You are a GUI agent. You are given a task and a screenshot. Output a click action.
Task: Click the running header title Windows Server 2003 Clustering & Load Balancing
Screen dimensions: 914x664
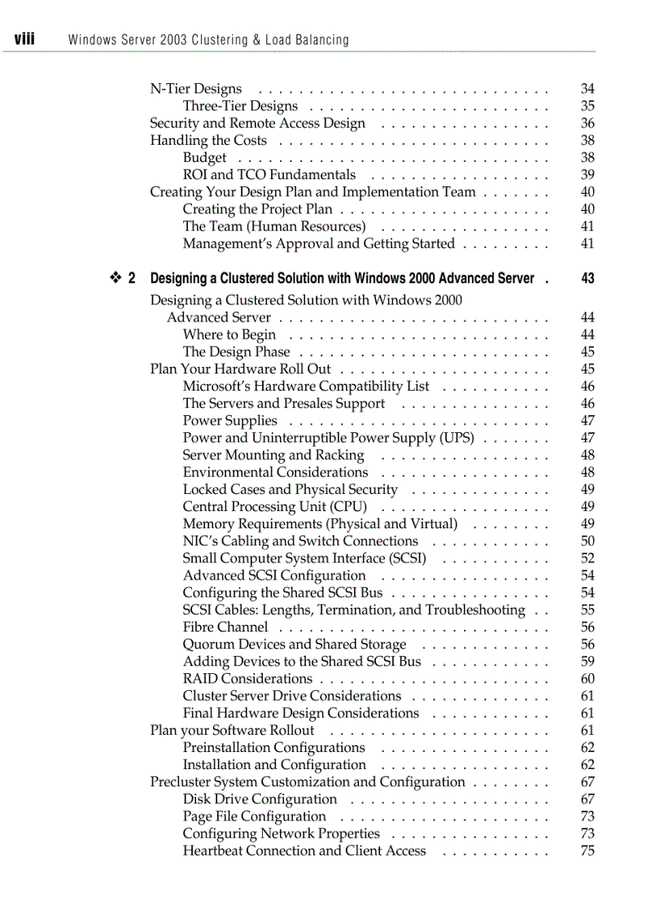209,40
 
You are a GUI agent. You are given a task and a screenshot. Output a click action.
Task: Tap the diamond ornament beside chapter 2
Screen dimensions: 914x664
115,278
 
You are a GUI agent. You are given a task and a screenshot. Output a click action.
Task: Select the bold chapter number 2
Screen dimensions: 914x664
132,278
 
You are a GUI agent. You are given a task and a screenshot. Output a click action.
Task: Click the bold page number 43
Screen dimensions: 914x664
588,278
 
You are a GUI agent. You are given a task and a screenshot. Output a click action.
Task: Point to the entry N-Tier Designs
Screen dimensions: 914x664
196,89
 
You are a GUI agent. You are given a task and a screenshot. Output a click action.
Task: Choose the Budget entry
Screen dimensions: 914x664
205,158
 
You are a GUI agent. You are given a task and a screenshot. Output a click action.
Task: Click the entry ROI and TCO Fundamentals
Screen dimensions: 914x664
269,175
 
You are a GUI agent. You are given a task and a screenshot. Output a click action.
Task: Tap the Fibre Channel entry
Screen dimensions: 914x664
225,627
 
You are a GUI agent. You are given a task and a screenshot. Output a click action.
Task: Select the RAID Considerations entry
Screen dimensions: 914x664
247,679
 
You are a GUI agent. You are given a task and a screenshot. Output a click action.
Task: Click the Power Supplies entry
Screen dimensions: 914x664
230,421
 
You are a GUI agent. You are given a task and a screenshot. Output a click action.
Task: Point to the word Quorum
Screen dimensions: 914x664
209,645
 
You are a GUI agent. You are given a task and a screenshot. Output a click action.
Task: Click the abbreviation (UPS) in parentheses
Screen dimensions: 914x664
456,438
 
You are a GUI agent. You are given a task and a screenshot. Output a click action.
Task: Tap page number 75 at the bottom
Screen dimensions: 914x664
588,851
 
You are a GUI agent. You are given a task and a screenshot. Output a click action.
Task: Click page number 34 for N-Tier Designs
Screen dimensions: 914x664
588,89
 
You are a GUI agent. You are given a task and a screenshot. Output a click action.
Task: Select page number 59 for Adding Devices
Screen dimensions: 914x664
588,662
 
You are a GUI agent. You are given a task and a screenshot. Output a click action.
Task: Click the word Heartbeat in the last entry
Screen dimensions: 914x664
213,851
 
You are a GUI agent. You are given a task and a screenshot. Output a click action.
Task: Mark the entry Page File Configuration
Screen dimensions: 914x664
255,816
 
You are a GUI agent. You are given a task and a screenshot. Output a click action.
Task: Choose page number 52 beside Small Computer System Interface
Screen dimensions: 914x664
588,558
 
